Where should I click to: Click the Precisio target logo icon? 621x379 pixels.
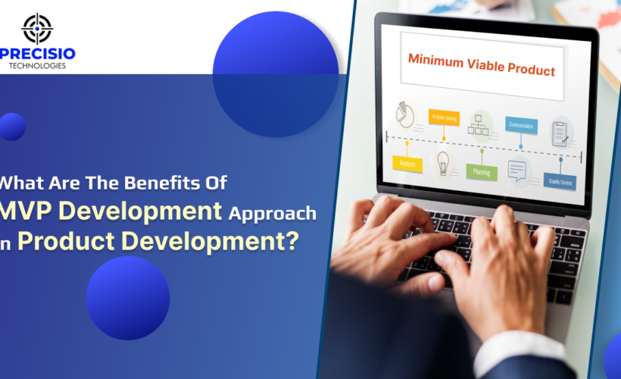[x=37, y=28]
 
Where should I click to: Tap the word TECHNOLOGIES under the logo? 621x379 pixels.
[x=38, y=66]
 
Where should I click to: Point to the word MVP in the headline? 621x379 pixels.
[x=28, y=211]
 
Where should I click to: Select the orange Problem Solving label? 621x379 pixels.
[x=444, y=117]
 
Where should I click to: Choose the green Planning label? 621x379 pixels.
[x=482, y=171]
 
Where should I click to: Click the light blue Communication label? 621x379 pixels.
[x=521, y=126]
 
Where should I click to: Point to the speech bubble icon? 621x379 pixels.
[x=518, y=171]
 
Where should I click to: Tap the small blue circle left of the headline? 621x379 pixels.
[x=11, y=127]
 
